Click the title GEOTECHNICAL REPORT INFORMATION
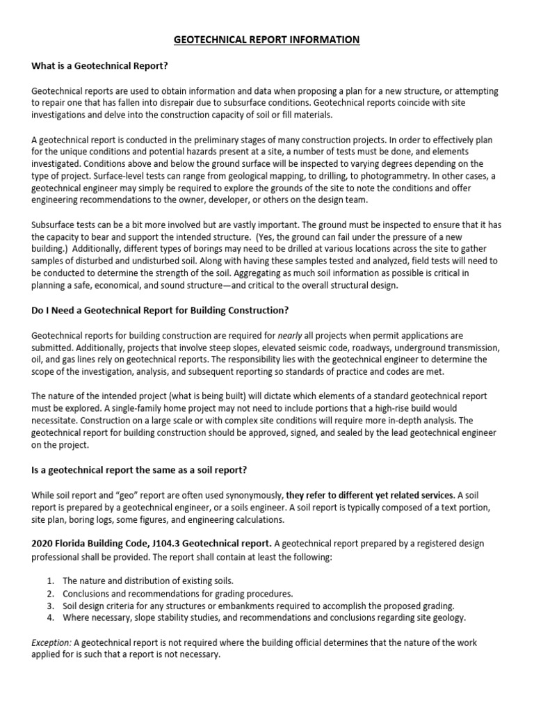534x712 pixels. [267, 40]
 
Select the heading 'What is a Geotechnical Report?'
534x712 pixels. [101, 66]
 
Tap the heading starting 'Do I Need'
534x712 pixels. [160, 309]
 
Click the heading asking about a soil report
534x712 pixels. [139, 470]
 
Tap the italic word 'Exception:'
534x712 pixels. [51, 643]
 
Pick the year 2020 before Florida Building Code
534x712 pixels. [43, 543]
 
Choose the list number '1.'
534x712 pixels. [50, 581]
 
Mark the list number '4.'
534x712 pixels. [50, 618]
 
